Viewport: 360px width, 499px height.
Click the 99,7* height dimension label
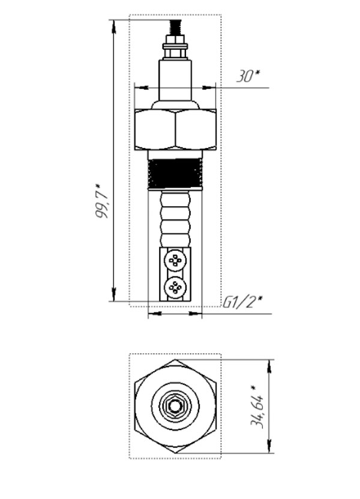[102, 200]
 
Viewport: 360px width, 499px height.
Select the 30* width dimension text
[248, 76]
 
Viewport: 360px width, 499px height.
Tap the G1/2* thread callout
[242, 302]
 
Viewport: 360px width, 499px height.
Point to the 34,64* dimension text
[257, 407]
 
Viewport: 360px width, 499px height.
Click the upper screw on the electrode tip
[175, 260]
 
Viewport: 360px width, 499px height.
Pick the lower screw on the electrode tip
[175, 288]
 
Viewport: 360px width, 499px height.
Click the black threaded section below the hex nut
[175, 173]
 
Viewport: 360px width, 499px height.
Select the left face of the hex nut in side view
[155, 129]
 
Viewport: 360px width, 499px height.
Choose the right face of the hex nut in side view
[196, 129]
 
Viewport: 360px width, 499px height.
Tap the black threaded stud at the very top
[175, 28]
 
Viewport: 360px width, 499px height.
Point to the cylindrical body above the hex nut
[175, 80]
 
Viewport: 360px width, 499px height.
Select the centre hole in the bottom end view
[175, 407]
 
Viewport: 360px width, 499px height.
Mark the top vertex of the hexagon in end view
[175, 360]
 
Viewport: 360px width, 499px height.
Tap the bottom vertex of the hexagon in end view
[175, 453]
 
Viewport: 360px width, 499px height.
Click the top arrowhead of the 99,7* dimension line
[113, 27]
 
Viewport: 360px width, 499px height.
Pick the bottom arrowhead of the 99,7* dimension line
[113, 294]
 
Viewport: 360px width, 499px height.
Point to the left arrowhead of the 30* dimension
[142, 87]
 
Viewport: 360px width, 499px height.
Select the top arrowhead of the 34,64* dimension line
[269, 366]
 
